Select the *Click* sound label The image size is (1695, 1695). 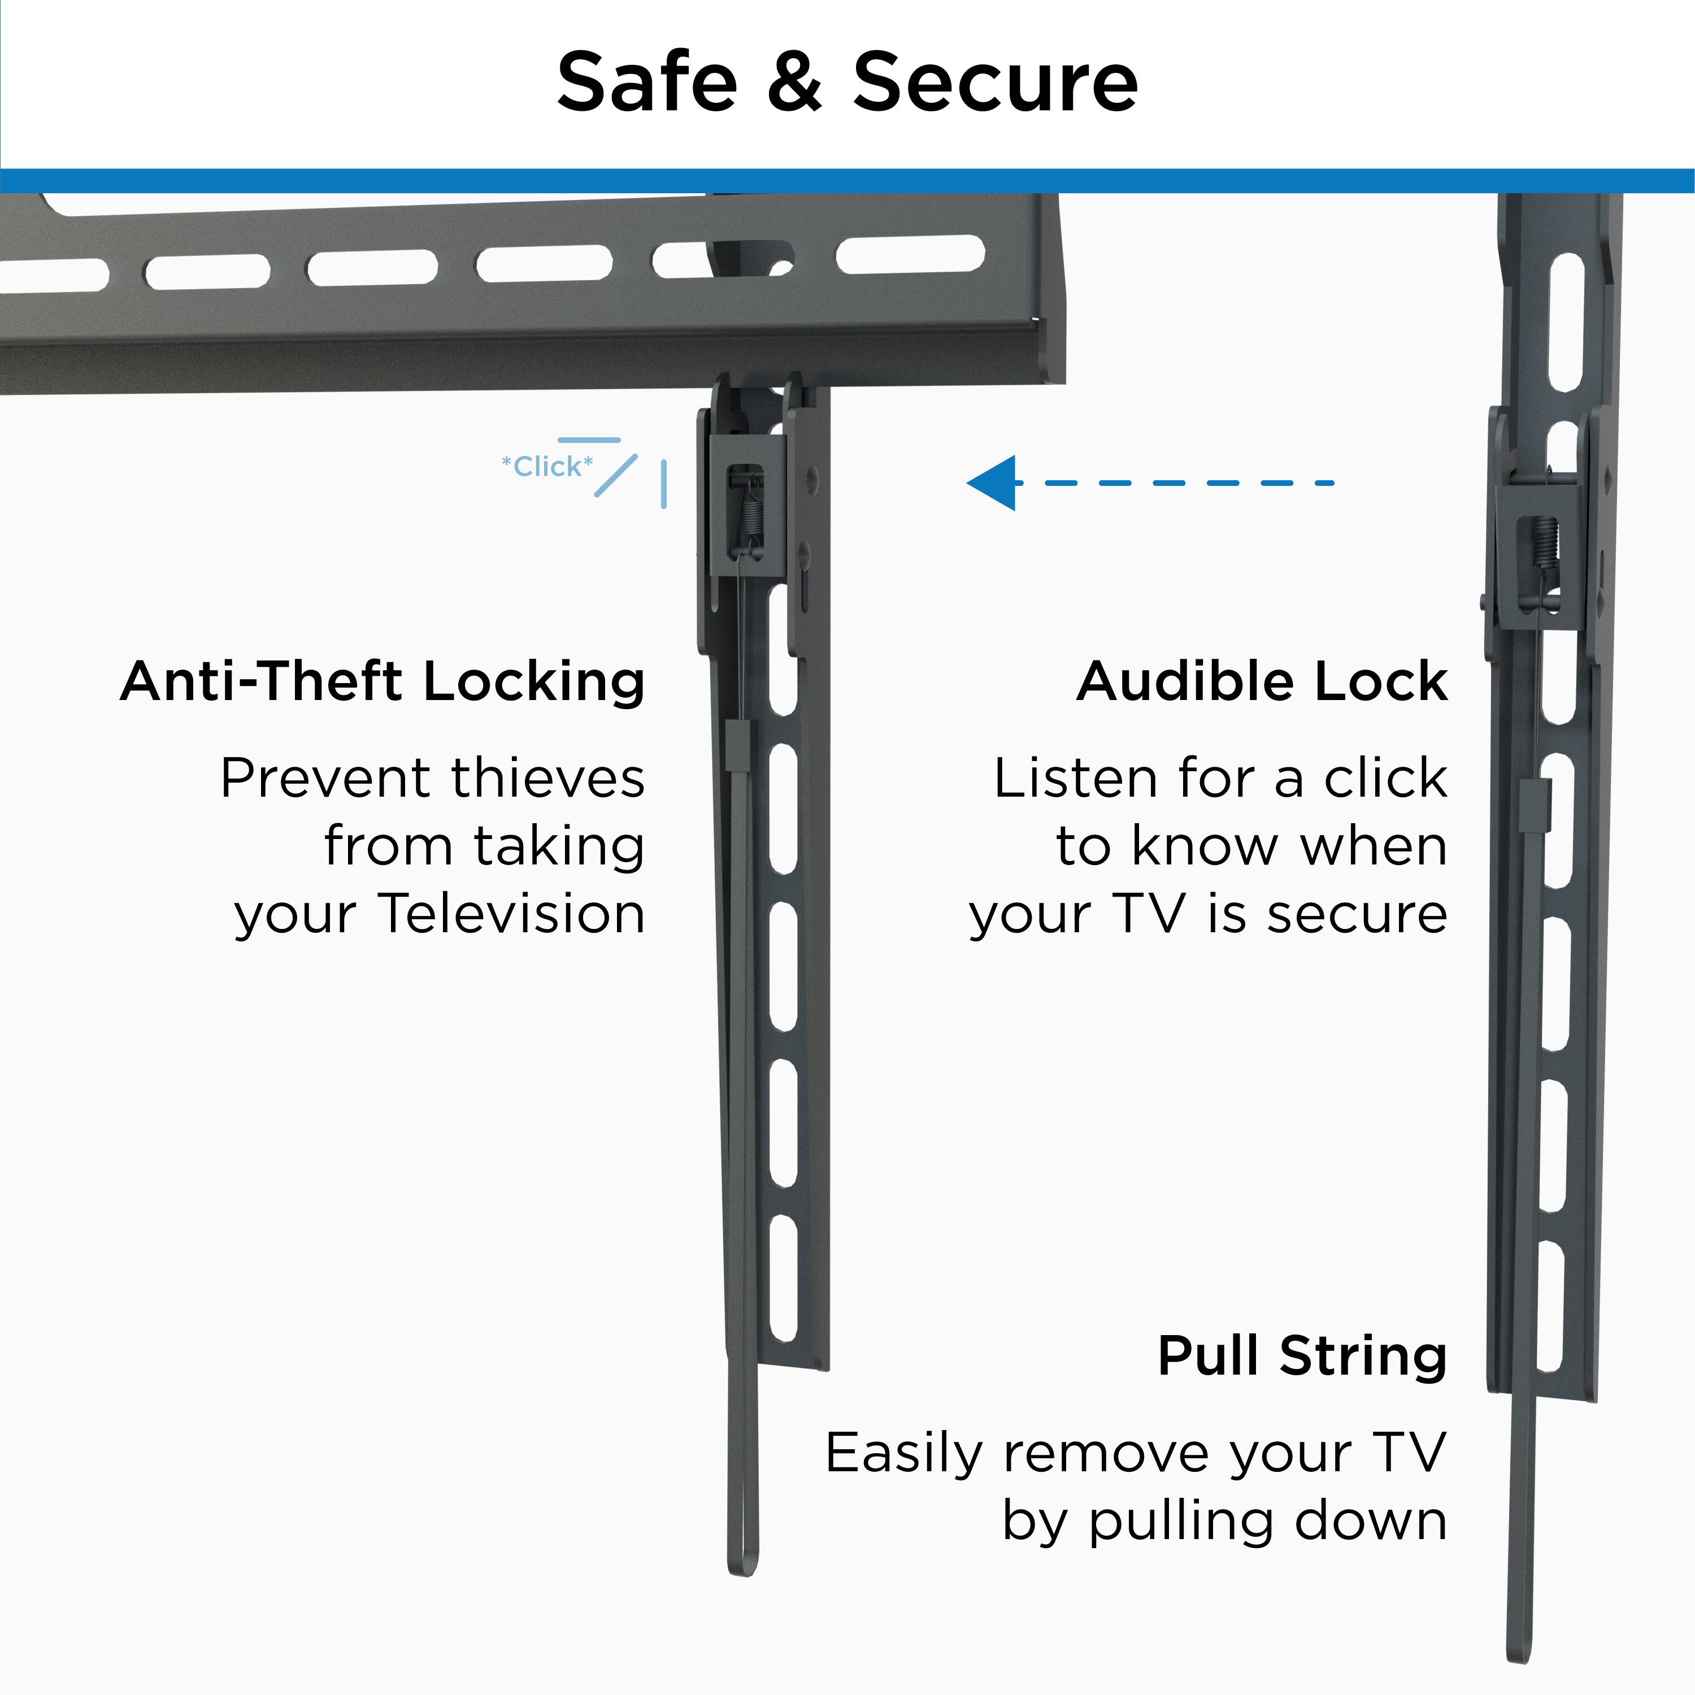[x=546, y=467]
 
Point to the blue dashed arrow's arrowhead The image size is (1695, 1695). [x=992, y=483]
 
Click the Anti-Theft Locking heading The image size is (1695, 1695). [x=383, y=682]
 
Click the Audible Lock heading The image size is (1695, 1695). [x=1262, y=682]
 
